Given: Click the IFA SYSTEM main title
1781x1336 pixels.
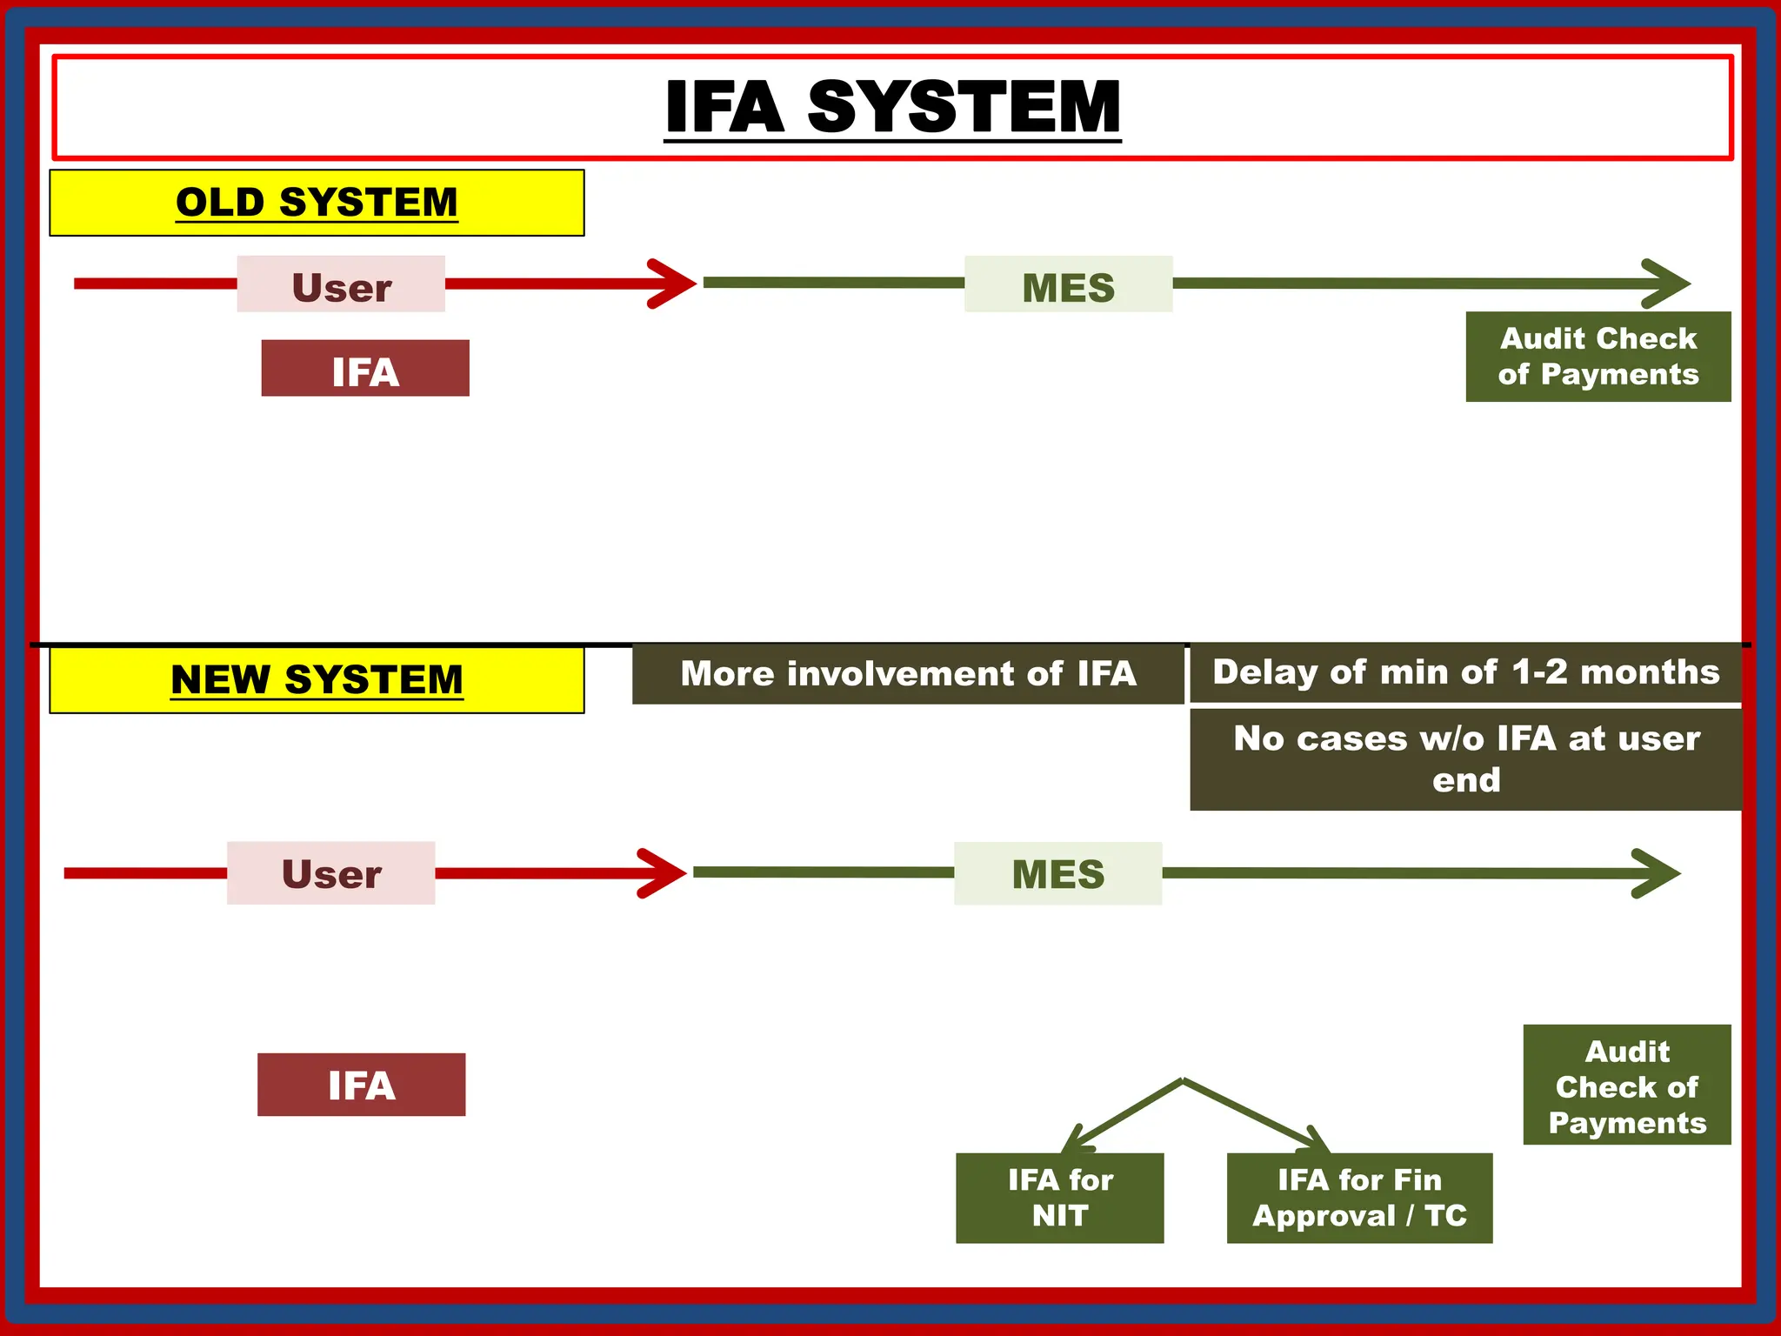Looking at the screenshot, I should click(892, 107).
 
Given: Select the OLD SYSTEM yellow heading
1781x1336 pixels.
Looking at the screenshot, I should click(317, 203).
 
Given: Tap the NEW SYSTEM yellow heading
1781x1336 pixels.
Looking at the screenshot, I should click(317, 680).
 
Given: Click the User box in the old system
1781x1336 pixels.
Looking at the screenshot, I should click(341, 284).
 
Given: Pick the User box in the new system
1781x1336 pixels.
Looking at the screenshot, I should click(330, 872).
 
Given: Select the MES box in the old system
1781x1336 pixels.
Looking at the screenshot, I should click(1068, 284).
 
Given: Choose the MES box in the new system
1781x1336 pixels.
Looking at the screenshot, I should click(1057, 872).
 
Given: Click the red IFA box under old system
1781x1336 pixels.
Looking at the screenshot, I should click(365, 369).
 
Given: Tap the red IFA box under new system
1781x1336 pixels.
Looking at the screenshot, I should click(361, 1085).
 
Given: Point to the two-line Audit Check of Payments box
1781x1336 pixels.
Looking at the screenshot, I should click(1598, 357).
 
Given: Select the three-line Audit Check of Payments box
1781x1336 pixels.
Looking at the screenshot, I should click(1626, 1085).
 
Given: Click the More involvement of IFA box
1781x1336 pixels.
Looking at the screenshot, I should click(908, 674).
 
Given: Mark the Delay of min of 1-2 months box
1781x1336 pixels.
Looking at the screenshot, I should click(1465, 672).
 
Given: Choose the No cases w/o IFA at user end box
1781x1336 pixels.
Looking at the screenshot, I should click(1465, 759).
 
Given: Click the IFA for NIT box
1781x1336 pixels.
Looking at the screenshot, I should click(1059, 1198).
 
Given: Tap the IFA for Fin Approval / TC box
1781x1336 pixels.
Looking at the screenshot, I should click(1359, 1198).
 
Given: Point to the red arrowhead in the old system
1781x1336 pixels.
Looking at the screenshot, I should click(674, 284).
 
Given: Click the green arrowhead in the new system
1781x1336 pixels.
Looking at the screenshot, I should click(1657, 873).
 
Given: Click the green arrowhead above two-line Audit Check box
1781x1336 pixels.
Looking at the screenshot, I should click(1666, 284).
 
